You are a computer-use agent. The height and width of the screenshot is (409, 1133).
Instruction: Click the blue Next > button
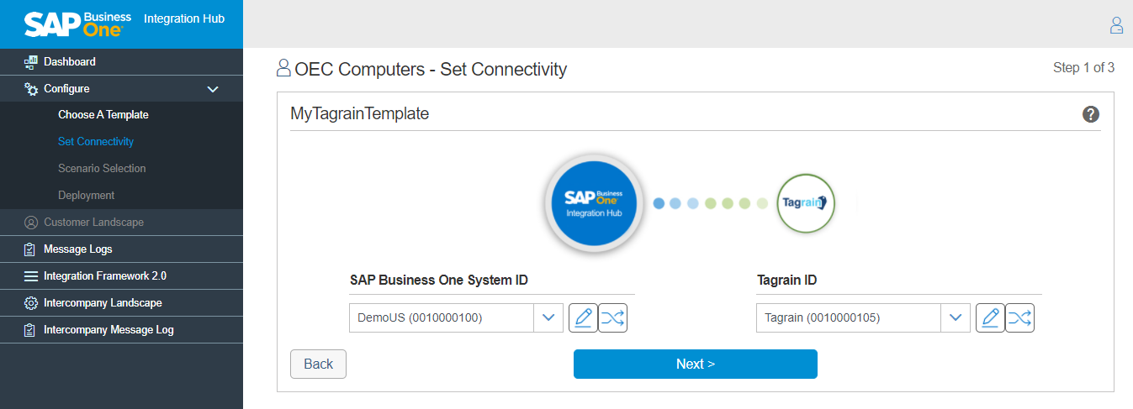click(695, 364)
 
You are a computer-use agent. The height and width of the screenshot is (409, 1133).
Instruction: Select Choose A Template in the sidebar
click(103, 114)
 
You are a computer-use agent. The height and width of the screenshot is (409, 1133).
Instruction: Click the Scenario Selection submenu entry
click(102, 168)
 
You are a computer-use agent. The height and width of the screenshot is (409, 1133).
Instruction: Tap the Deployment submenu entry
click(86, 196)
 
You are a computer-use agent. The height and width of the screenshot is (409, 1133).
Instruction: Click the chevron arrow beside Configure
click(213, 89)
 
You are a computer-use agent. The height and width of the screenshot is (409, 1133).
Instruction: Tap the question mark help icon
click(1090, 114)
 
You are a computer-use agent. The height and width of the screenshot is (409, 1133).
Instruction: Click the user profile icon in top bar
click(1116, 25)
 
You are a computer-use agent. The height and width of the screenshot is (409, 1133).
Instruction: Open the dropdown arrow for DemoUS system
click(548, 317)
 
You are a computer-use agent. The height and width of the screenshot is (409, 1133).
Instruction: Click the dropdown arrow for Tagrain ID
click(956, 317)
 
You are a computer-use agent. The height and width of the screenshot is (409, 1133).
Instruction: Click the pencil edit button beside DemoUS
click(583, 317)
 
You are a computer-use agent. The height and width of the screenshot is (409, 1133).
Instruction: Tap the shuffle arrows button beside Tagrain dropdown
click(1019, 317)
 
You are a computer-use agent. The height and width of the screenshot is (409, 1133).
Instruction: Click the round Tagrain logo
click(805, 203)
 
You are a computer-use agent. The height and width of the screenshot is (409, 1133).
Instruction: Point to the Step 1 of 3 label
click(1083, 68)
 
